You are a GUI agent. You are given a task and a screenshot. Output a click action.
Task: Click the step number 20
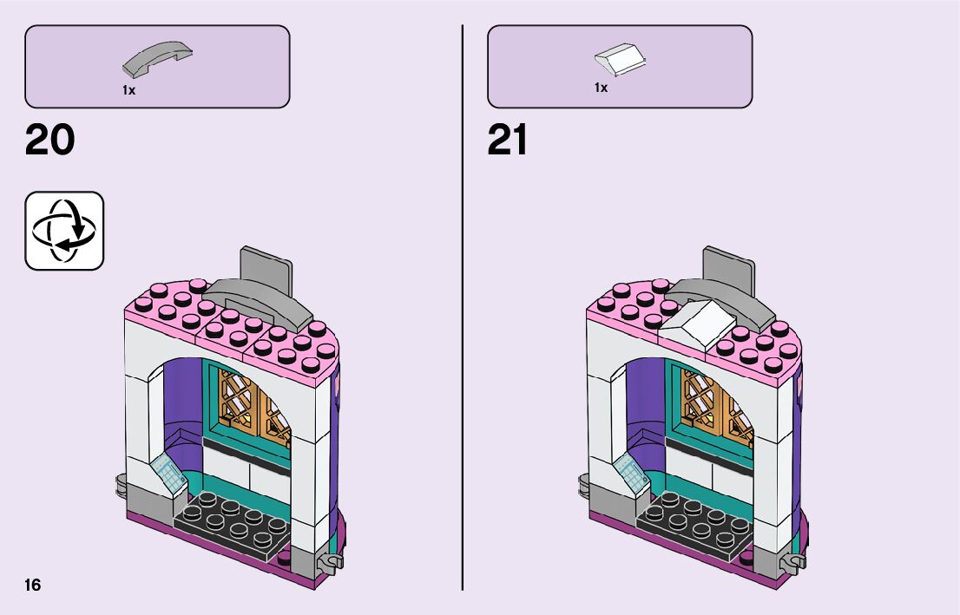pyautogui.click(x=50, y=141)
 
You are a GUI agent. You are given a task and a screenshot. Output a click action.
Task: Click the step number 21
pyautogui.click(x=508, y=141)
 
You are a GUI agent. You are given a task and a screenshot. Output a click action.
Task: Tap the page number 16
pyautogui.click(x=33, y=585)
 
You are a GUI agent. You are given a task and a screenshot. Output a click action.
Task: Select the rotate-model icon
pyautogui.click(x=64, y=231)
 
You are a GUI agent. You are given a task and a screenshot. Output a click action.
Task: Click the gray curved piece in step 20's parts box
pyautogui.click(x=158, y=58)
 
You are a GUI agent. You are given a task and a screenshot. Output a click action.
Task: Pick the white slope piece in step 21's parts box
pyautogui.click(x=620, y=59)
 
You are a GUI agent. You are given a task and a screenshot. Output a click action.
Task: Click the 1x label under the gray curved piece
pyautogui.click(x=128, y=90)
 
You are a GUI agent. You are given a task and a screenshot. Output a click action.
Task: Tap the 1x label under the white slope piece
pyautogui.click(x=601, y=88)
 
